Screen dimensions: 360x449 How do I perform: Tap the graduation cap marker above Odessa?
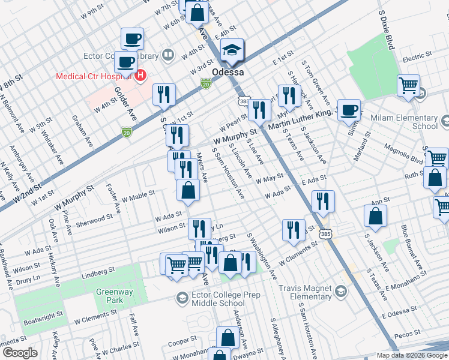tap(231, 52)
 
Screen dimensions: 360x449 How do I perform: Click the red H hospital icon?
tap(140, 76)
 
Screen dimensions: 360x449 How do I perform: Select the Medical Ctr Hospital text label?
tap(94, 76)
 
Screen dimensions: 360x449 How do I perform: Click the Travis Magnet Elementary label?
tap(302, 292)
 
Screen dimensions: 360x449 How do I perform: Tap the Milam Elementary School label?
tap(404, 122)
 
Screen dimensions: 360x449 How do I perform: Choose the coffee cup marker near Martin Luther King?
tap(349, 110)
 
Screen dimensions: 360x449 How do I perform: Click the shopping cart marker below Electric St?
tap(408, 85)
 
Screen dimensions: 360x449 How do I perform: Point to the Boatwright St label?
tap(43, 318)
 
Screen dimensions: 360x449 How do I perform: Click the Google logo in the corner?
tap(20, 353)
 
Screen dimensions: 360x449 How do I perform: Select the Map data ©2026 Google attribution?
tap(411, 355)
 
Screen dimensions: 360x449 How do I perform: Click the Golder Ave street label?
tap(131, 104)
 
